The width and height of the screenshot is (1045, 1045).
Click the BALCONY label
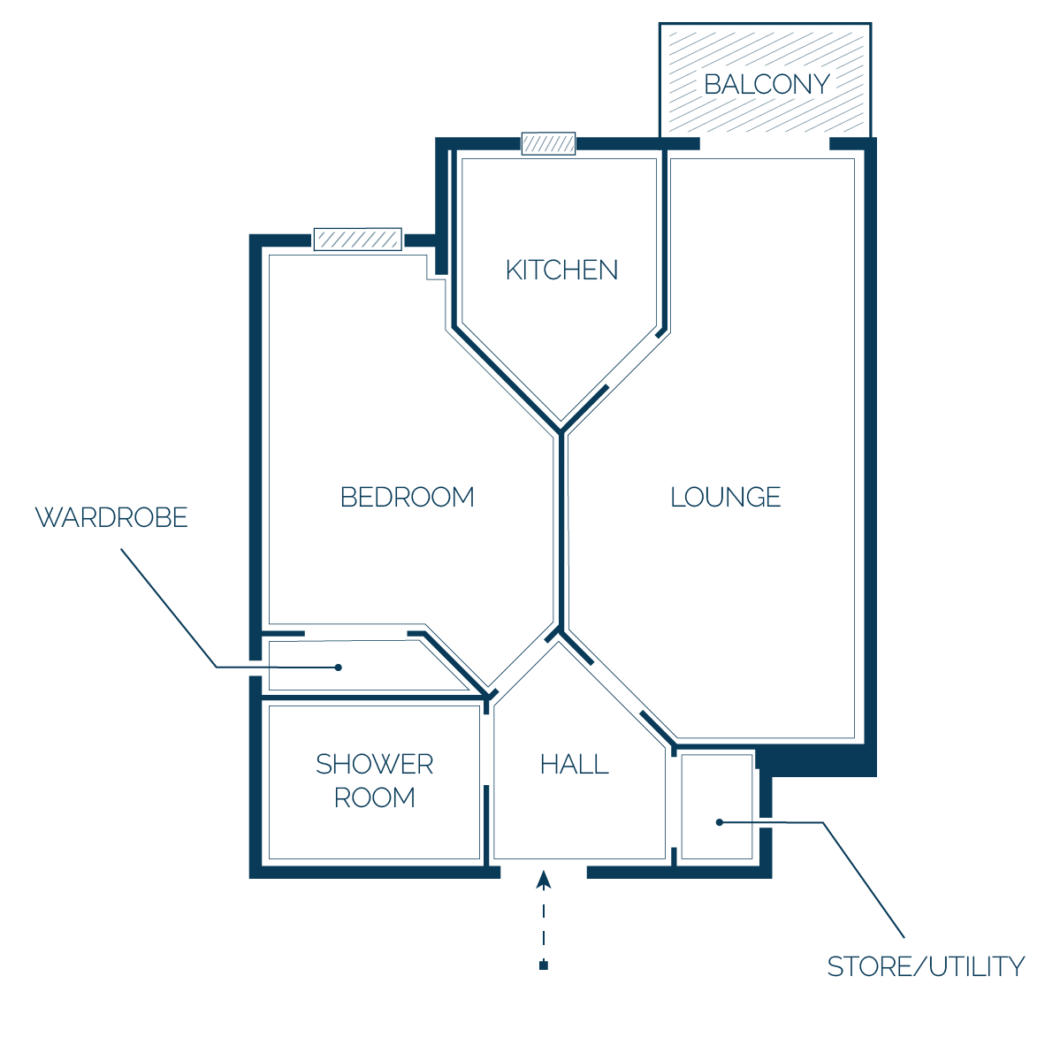click(767, 85)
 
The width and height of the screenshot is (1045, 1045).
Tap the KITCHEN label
click(561, 271)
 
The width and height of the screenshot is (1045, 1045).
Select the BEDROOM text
click(408, 497)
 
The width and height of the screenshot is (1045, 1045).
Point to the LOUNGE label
click(725, 497)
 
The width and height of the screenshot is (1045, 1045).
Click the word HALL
click(575, 765)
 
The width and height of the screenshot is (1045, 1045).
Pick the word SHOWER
click(375, 765)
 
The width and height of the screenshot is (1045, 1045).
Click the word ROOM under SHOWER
click(375, 797)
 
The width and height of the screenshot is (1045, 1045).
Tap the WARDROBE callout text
click(111, 518)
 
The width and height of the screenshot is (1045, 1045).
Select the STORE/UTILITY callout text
click(926, 966)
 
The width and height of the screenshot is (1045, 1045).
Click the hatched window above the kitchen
click(548, 143)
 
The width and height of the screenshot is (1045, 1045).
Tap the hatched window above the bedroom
click(358, 240)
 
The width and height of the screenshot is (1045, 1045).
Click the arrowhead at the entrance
click(544, 880)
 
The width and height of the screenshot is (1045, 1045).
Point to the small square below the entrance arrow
click(544, 965)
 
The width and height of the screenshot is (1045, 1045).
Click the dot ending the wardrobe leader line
click(339, 667)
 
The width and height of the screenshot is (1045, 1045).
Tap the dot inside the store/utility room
click(719, 822)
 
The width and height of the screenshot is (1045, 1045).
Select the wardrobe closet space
click(360, 665)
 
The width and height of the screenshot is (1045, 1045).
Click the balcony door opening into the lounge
click(765, 143)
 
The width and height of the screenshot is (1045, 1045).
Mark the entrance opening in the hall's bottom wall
click(544, 873)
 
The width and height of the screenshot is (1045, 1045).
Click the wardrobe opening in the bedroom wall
click(356, 632)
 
